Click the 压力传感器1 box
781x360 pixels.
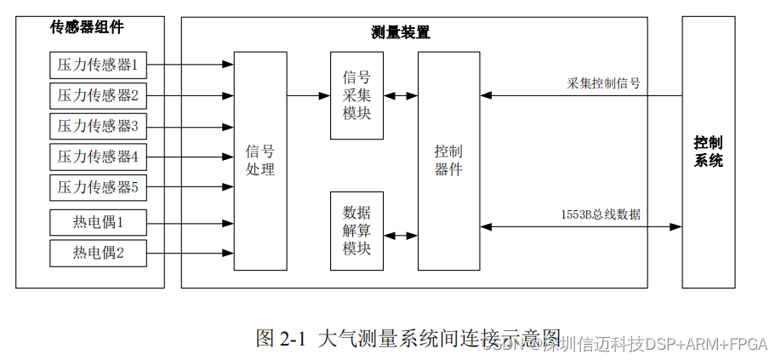[98, 65]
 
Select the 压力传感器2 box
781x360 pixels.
[98, 94]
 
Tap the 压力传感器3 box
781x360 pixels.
[98, 126]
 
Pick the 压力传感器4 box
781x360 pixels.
[98, 157]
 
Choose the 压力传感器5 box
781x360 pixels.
[98, 187]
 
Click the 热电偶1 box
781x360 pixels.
[98, 223]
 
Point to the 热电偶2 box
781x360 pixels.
[98, 253]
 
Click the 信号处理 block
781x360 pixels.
[260, 161]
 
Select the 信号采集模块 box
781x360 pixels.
[356, 95]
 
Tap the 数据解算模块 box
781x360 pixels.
[356, 230]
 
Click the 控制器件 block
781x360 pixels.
[448, 161]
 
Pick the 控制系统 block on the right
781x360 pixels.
[708, 151]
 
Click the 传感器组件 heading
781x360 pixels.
[88, 27]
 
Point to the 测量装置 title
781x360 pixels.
[401, 33]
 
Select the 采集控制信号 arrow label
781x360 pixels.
[604, 83]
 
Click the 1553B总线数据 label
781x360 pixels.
[601, 214]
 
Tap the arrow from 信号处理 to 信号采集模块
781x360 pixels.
[308, 95]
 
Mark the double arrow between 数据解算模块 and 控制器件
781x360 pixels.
[400, 230]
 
